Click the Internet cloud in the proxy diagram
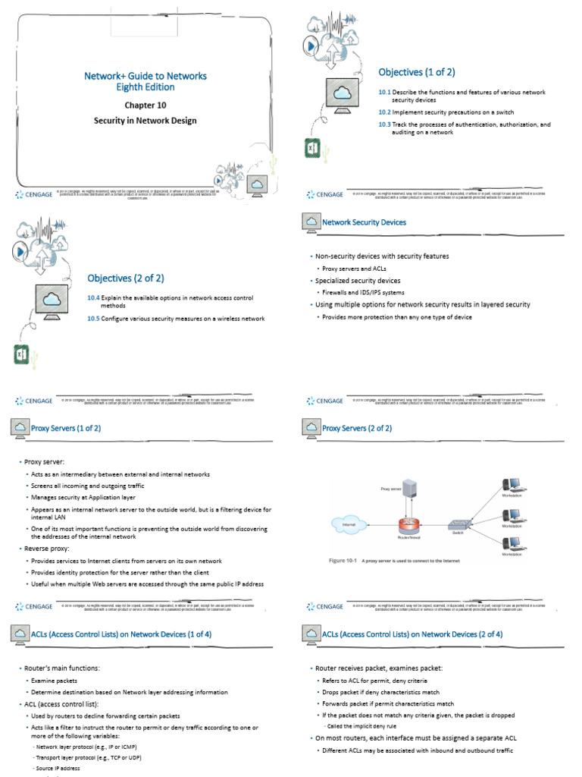(349, 524)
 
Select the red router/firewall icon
(409, 524)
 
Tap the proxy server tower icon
(410, 487)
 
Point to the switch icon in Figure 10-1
(458, 524)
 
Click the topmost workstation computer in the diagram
(512, 483)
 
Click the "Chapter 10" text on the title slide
(145, 105)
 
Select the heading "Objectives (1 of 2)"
(417, 72)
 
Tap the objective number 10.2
(384, 112)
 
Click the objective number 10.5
(93, 319)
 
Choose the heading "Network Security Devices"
(364, 222)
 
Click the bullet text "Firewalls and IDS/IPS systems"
(363, 292)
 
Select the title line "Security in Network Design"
(145, 121)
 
